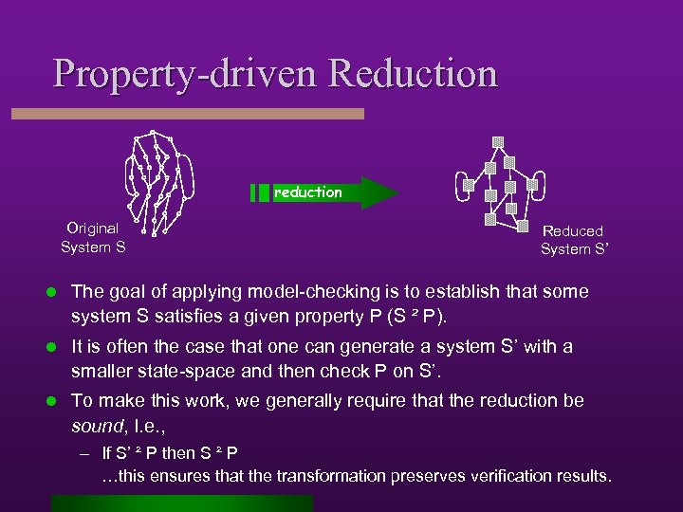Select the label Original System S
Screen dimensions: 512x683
[x=93, y=238]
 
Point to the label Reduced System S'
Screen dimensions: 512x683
[x=573, y=240]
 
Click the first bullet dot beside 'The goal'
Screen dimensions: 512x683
[x=57, y=292]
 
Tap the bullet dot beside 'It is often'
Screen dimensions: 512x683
[x=57, y=347]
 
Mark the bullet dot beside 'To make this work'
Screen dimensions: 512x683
[x=57, y=401]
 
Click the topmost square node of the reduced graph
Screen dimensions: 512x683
[x=497, y=143]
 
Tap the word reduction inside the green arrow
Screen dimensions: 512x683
[x=308, y=192]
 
